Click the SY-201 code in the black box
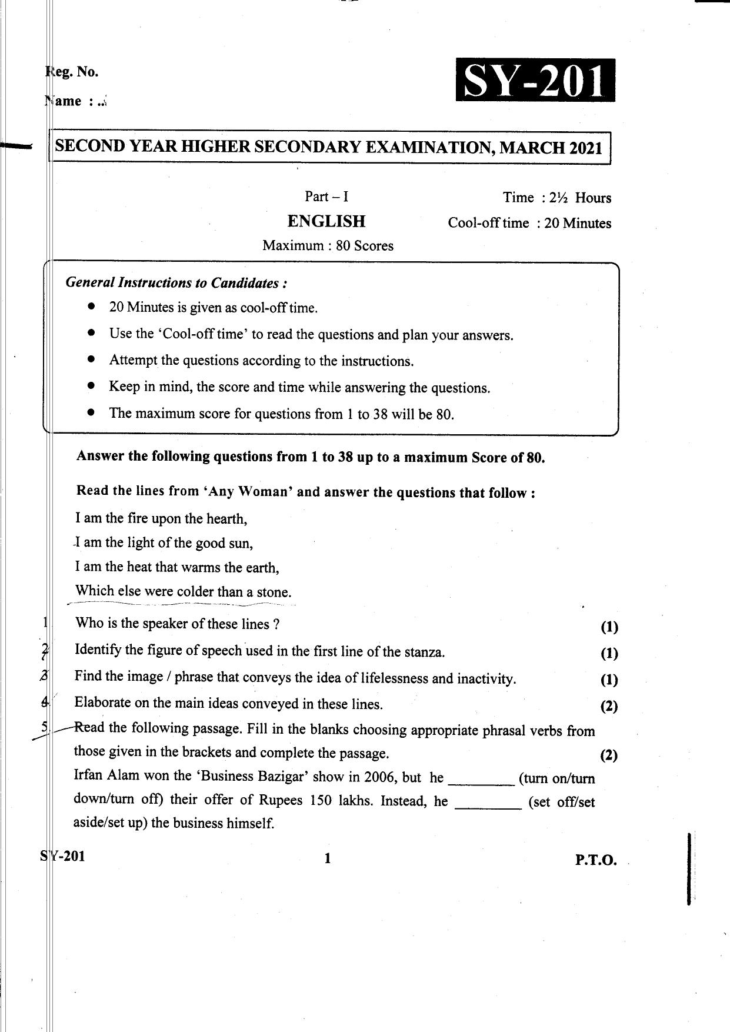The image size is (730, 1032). point(535,81)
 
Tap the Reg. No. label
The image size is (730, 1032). point(72,72)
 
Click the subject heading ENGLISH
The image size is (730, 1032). point(326,222)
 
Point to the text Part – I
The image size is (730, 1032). point(326,197)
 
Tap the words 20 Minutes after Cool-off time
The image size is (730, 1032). point(578,224)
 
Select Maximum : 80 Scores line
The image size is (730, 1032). point(328,245)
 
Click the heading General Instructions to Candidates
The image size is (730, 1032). point(176,283)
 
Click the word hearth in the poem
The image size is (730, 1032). point(226,519)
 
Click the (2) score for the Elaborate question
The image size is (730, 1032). point(609,706)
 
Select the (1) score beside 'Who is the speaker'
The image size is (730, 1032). point(609,628)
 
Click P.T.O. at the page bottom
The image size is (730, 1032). point(596,860)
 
